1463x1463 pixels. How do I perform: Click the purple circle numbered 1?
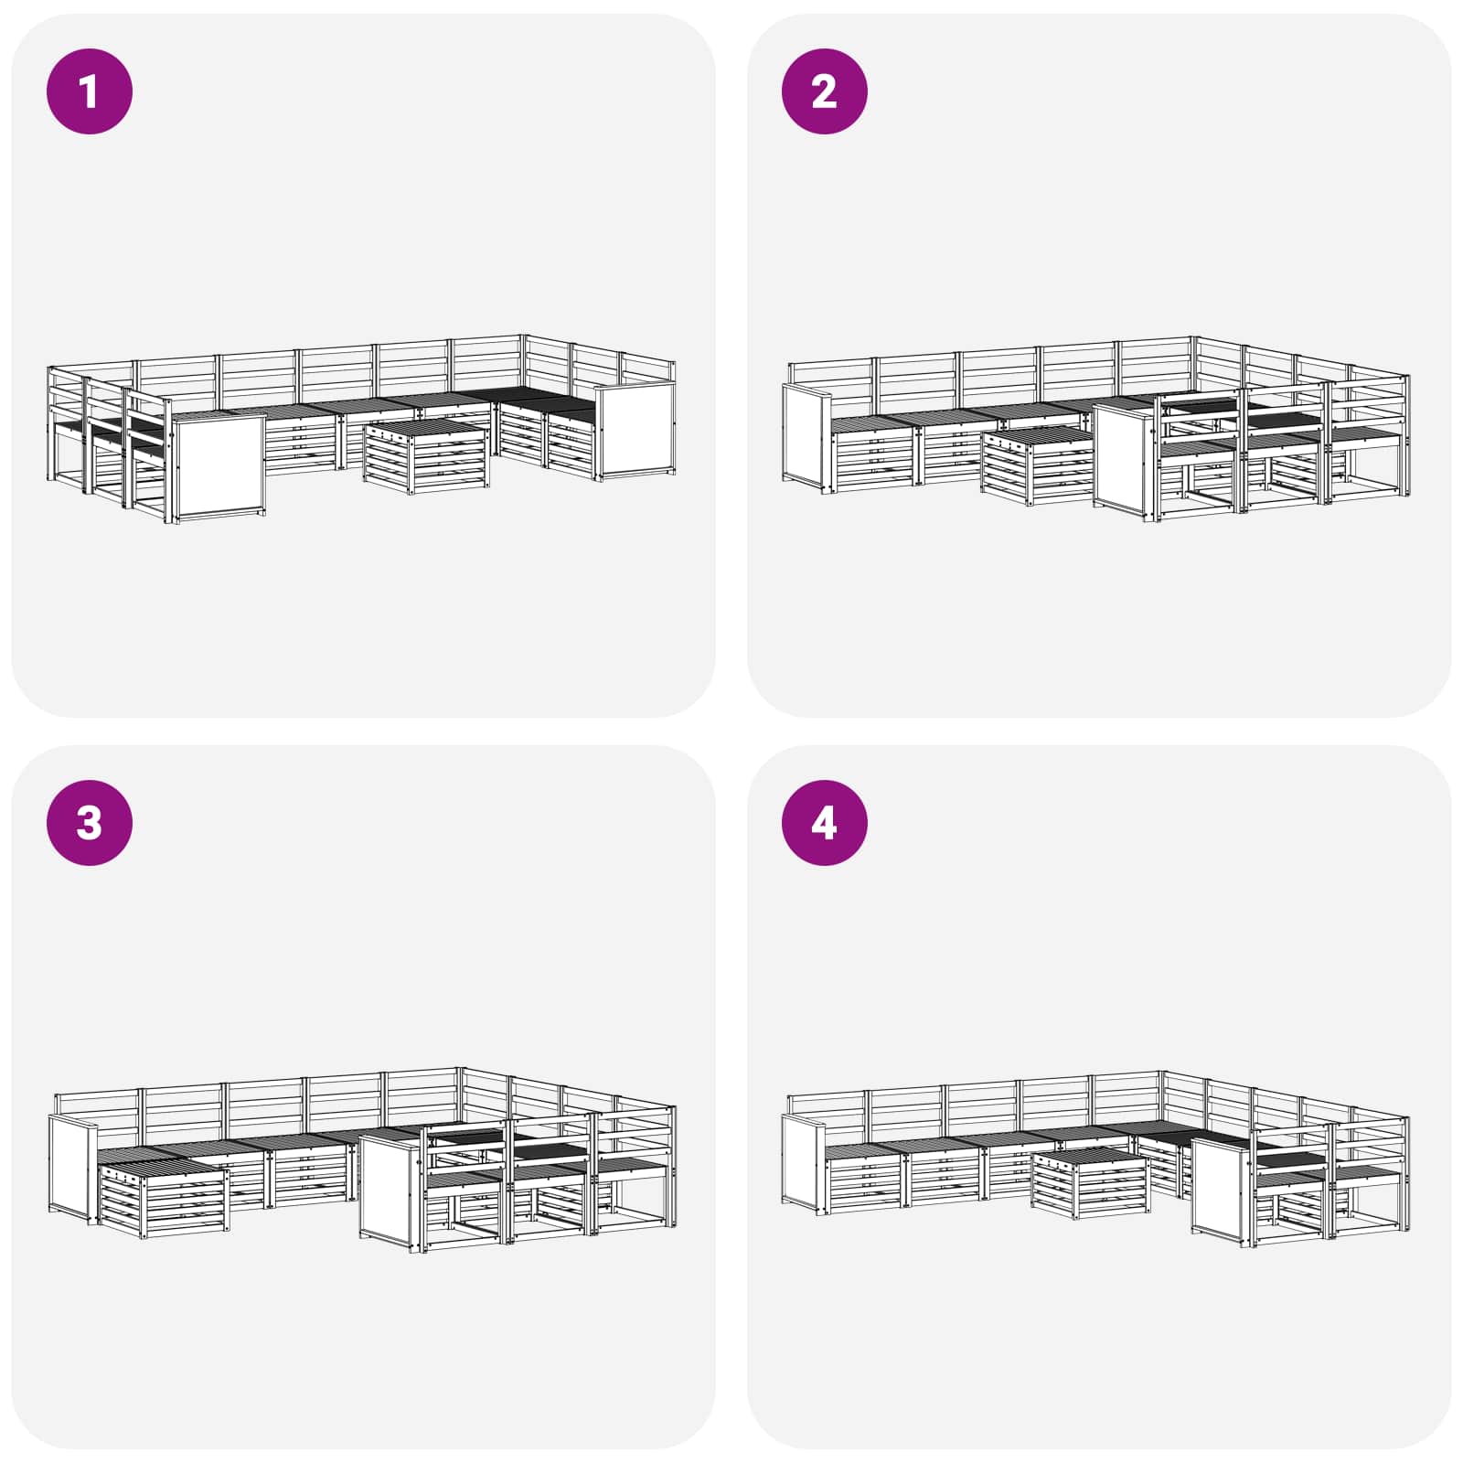pyautogui.click(x=90, y=91)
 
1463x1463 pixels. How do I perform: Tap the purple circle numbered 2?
pyautogui.click(x=824, y=91)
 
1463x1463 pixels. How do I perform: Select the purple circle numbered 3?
pyautogui.click(x=90, y=822)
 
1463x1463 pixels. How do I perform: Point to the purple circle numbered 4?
pyautogui.click(x=824, y=822)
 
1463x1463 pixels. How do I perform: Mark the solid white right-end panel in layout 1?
pyautogui.click(x=635, y=431)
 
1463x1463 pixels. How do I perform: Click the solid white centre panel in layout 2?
pyautogui.click(x=1126, y=463)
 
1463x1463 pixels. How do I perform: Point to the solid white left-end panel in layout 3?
pyautogui.click(x=72, y=1170)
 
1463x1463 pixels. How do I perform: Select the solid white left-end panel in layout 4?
pyautogui.click(x=805, y=1163)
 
